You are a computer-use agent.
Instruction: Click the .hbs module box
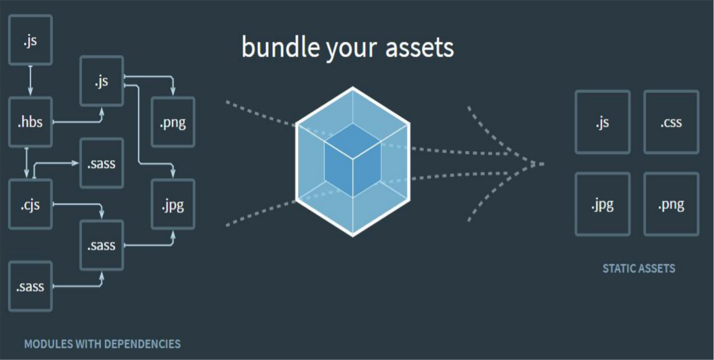[30, 122]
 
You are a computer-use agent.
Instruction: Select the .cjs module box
[30, 204]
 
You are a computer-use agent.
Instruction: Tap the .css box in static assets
[671, 122]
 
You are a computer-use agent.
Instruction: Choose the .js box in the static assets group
[602, 122]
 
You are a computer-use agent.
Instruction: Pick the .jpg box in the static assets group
[602, 204]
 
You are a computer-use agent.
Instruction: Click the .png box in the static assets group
[671, 204]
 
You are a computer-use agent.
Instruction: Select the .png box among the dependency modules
[173, 122]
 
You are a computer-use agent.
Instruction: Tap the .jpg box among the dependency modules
[173, 204]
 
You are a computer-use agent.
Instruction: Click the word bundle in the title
[281, 47]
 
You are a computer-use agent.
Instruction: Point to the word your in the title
[351, 50]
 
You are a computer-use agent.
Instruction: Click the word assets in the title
[419, 49]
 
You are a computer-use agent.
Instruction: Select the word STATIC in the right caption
[619, 269]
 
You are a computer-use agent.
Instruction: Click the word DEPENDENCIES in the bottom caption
[142, 344]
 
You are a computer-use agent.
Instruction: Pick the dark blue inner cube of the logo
[353, 160]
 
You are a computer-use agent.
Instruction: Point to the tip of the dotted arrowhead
[544, 164]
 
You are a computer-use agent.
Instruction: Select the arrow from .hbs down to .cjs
[27, 163]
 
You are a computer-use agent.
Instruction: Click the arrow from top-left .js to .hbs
[30, 80]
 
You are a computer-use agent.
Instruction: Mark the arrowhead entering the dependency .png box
[173, 91]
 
